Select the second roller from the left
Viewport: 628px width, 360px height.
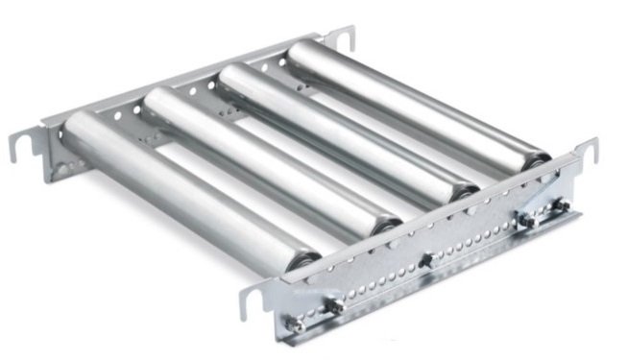259,158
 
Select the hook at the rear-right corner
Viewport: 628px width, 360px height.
342,37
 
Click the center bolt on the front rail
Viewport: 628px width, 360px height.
425,260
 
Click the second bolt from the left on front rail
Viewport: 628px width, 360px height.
335,306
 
